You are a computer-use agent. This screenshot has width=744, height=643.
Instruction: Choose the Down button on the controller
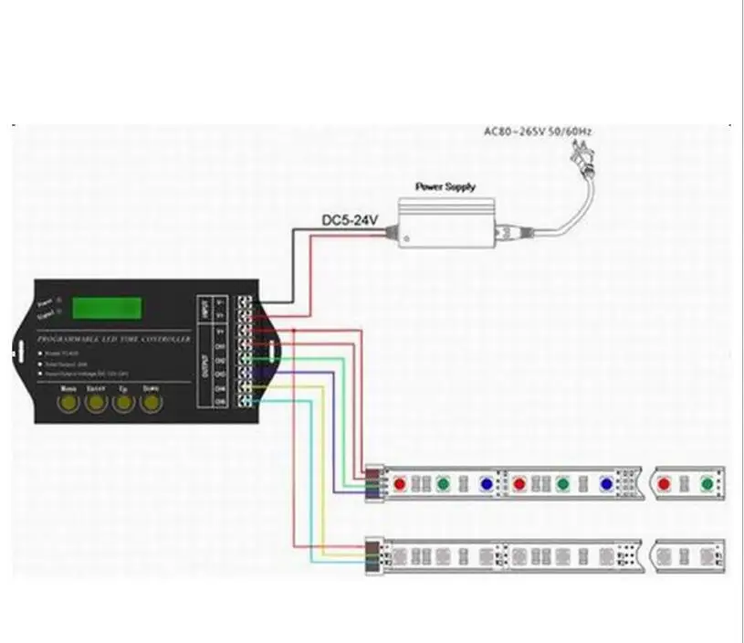pos(152,404)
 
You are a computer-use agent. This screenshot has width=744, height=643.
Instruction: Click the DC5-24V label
pos(350,220)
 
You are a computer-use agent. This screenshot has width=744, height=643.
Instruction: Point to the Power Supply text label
pos(445,186)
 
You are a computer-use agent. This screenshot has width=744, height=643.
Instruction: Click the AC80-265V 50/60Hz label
pos(539,132)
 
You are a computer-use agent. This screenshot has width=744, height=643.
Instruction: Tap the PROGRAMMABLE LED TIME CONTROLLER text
pos(113,339)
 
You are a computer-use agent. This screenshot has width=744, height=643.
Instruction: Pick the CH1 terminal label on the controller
pos(220,347)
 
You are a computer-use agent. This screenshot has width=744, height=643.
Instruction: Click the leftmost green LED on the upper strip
pos(443,482)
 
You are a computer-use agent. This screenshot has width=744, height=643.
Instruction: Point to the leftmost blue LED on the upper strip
pos(486,482)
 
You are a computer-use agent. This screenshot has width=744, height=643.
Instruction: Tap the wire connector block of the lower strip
pos(372,553)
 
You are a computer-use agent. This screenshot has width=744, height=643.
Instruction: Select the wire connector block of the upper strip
pos(372,482)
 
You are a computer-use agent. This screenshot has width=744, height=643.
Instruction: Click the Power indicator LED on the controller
pos(58,299)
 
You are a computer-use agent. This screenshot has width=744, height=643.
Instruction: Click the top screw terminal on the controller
pos(245,300)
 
